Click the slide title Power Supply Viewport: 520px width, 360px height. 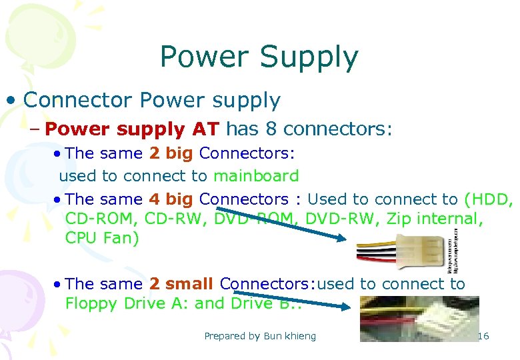click(x=259, y=58)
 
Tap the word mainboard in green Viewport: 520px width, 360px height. click(x=256, y=176)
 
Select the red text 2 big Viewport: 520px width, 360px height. click(x=171, y=153)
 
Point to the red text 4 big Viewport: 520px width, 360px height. click(x=171, y=199)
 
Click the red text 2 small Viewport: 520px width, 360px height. click(x=181, y=283)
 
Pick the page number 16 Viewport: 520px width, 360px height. click(x=483, y=335)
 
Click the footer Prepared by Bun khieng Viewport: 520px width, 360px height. click(x=260, y=336)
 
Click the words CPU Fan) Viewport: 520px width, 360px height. click(x=102, y=238)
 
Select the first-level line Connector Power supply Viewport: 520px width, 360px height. click(x=151, y=100)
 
